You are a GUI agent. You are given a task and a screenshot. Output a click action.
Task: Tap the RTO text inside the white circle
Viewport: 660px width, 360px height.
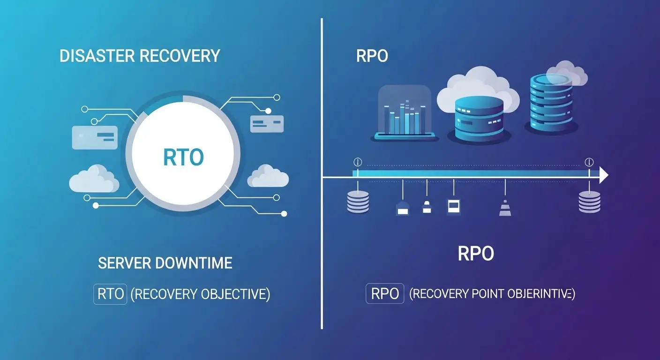183,157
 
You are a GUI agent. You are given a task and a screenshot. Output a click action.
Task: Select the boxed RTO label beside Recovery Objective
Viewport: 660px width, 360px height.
110,294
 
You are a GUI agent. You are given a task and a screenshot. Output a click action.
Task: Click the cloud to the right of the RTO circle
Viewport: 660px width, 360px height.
268,176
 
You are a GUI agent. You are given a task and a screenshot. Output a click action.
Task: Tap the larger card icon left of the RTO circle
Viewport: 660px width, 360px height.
94,137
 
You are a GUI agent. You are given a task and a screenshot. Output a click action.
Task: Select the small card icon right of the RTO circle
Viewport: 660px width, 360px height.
266,123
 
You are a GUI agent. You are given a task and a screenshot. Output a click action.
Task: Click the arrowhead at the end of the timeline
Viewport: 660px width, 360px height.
603,175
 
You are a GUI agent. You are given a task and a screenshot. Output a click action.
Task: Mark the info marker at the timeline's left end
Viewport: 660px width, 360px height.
358,162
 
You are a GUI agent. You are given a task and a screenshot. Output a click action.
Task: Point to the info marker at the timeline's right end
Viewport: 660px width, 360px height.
589,162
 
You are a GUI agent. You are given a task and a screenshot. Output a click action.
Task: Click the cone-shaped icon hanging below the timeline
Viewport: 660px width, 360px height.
505,208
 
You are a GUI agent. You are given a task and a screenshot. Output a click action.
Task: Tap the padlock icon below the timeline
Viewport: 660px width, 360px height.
427,207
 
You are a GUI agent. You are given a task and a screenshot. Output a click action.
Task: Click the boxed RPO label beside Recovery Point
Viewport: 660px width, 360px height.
384,294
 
